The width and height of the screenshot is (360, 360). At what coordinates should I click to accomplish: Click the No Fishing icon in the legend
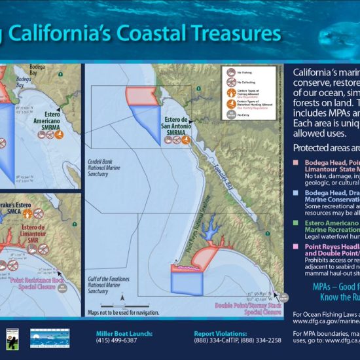pyautogui.click(x=230, y=73)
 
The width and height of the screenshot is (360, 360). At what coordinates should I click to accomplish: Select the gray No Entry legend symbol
pyautogui.click(x=230, y=114)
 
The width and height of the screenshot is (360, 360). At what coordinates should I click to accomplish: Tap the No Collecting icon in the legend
pyautogui.click(x=230, y=83)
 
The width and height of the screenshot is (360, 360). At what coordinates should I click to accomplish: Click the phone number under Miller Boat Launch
pyautogui.click(x=117, y=340)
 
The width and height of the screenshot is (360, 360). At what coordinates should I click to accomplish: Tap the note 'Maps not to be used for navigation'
pyautogui.click(x=124, y=313)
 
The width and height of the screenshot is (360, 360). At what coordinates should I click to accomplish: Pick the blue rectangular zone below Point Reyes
pyautogui.click(x=188, y=283)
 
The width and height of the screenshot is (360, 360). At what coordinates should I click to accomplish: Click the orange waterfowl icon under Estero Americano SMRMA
pyautogui.click(x=60, y=134)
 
